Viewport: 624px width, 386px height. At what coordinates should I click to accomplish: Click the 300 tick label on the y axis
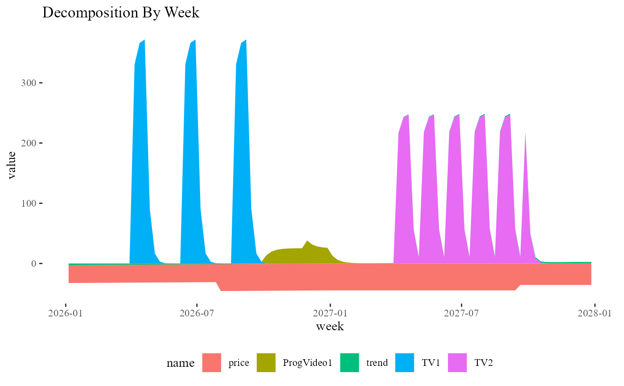click(28, 83)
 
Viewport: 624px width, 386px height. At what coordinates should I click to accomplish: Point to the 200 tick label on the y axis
click(28, 143)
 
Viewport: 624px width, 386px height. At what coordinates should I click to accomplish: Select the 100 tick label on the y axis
click(28, 203)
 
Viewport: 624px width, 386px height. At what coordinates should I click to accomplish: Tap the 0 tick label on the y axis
click(33, 264)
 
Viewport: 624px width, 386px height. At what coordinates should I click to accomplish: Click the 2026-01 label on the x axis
click(66, 313)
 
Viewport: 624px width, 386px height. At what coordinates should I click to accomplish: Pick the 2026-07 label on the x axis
click(197, 313)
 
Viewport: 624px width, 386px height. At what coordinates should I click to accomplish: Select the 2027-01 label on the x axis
click(330, 313)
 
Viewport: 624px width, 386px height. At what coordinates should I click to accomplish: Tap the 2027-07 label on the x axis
click(461, 313)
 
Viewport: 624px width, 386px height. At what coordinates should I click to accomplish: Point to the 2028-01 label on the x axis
click(595, 313)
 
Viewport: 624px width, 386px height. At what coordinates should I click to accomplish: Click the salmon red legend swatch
click(212, 362)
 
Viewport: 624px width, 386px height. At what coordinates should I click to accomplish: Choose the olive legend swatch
click(266, 362)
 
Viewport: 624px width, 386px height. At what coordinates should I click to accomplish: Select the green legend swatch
click(349, 362)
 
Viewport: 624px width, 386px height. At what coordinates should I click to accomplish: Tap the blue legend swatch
click(404, 362)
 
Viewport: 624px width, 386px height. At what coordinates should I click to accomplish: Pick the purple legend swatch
click(458, 362)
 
